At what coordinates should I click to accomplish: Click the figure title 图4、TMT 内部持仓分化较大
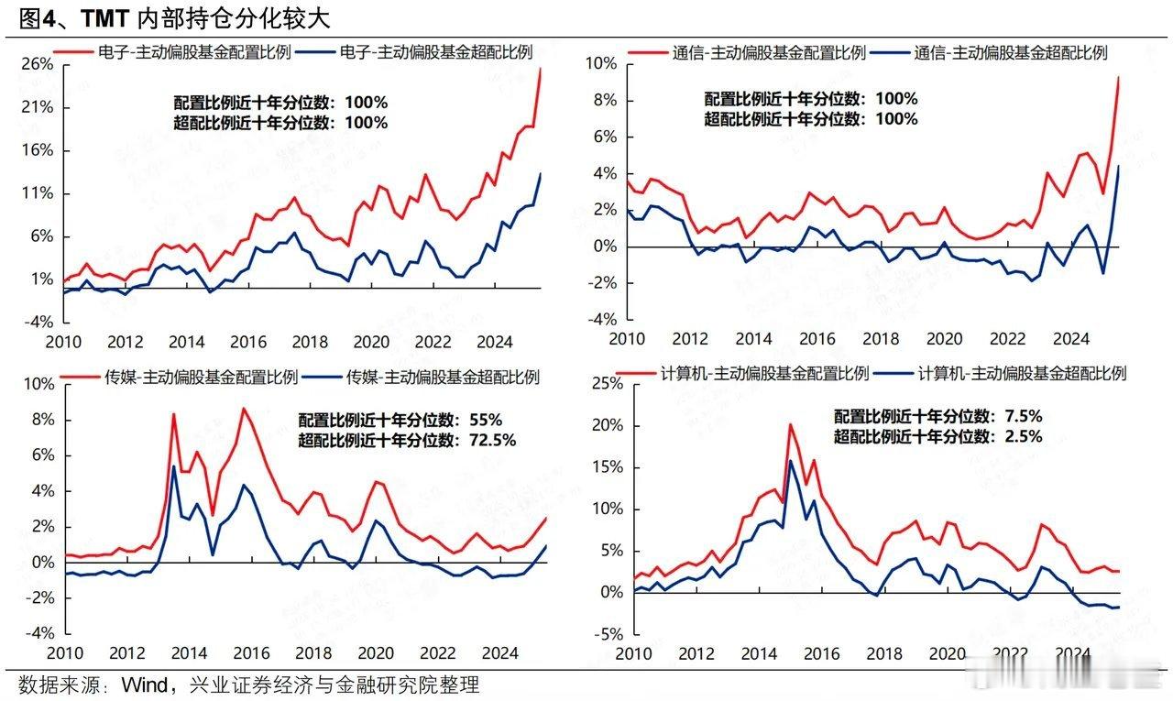174,17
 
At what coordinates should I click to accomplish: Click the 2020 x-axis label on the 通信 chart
941,339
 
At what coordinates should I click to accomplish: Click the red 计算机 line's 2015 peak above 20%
790,424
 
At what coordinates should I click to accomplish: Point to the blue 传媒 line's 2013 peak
174,466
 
